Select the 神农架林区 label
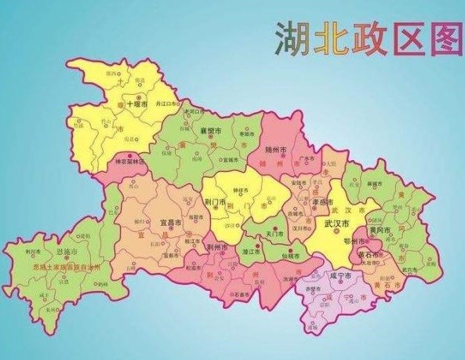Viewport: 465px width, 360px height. [x=131, y=162]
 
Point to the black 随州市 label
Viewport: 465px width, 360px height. [x=277, y=149]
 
